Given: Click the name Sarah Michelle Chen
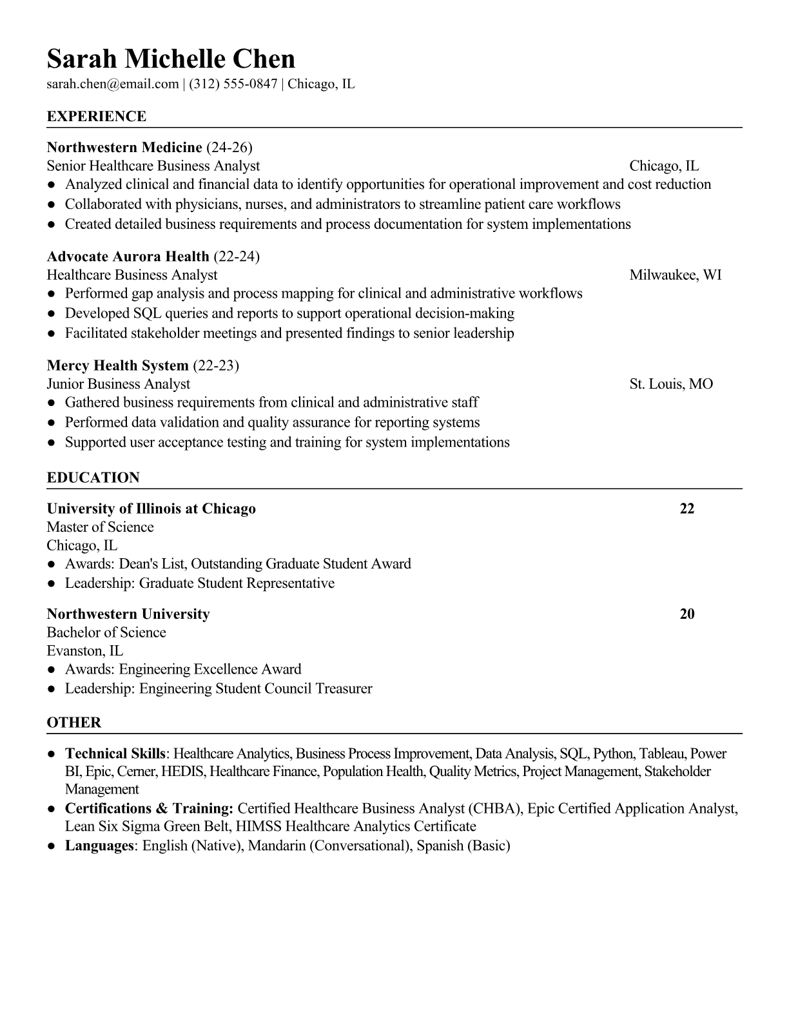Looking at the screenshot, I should coord(171,59).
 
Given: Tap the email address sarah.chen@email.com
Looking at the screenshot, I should coord(112,84).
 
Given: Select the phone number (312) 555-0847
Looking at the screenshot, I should coord(233,84).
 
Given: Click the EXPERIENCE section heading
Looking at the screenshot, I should coord(97,117).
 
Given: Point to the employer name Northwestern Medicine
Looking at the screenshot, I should coord(124,147).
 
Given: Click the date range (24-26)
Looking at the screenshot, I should coord(229,147).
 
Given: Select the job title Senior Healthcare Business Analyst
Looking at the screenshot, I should coord(153,166).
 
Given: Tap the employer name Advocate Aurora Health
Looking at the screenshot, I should coord(128,257).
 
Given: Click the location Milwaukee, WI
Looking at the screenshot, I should coord(675,275).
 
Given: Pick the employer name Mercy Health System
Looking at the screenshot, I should coord(118,365).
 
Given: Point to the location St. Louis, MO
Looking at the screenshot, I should coord(671,384).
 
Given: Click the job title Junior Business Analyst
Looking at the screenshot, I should coord(119,384).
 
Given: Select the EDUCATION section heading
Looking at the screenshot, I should coord(93,478).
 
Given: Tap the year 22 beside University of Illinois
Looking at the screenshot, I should coord(687,509).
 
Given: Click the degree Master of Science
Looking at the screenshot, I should coord(100,527).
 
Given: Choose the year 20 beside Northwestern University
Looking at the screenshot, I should coord(687,614).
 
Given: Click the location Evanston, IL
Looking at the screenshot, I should coord(85,651).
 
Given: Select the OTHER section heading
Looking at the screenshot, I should coord(74,723).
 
